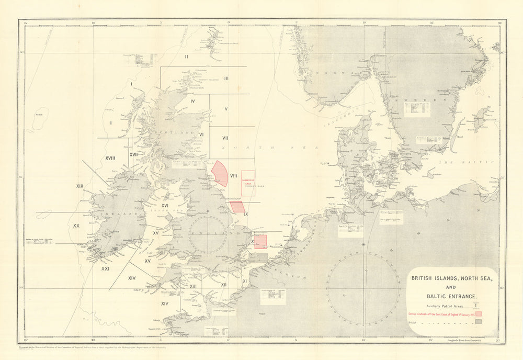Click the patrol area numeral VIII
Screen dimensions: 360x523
(x=234, y=176)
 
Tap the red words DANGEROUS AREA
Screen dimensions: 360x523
(x=248, y=181)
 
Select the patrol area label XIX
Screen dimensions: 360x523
(x=80, y=186)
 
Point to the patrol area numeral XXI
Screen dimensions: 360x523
(x=105, y=268)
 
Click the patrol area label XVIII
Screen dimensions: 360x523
(x=110, y=157)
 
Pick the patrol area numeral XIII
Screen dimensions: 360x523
(x=193, y=286)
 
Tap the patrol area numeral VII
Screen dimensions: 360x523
(x=225, y=138)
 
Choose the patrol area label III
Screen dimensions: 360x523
(x=226, y=78)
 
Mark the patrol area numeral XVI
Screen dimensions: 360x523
(x=165, y=206)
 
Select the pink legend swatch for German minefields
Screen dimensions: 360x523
(x=478, y=313)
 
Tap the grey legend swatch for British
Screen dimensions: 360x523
(x=478, y=323)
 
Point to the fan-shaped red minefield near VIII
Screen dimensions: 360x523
(x=220, y=173)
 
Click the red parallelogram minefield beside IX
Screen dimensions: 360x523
(x=237, y=206)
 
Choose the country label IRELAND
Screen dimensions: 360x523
(x=112, y=214)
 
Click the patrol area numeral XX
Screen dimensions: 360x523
(x=76, y=226)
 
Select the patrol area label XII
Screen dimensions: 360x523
(x=224, y=284)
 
